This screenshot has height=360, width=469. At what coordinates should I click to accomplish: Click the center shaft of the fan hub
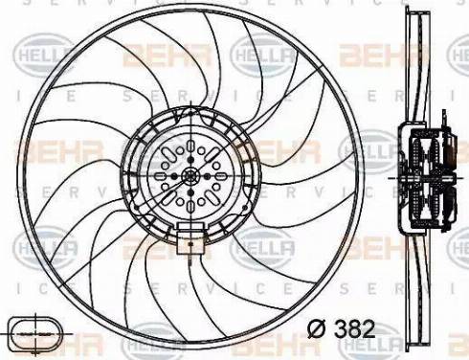[x=190, y=175]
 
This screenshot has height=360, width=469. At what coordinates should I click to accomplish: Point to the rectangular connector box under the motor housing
[x=190, y=233]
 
